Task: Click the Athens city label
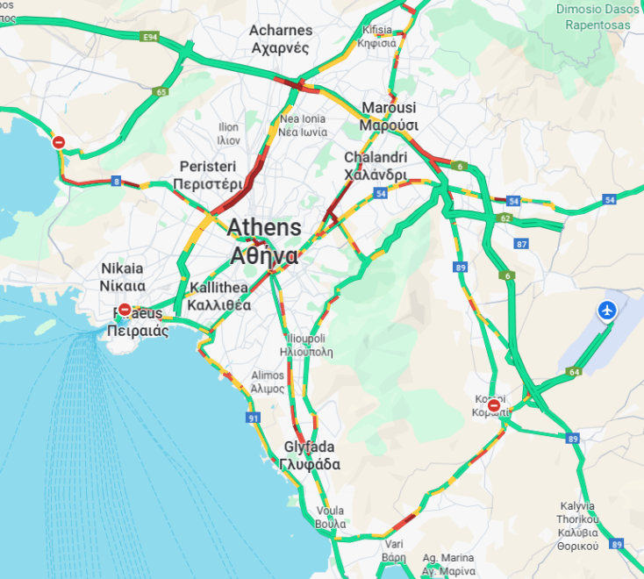click(263, 241)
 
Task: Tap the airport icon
click(606, 311)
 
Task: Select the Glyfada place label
click(309, 456)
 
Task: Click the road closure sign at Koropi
click(495, 406)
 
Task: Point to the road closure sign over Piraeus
click(125, 310)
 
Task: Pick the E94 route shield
click(150, 38)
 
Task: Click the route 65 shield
click(160, 91)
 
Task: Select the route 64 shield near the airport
click(574, 373)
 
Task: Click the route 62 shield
click(504, 218)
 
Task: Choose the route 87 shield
click(522, 244)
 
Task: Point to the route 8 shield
click(116, 182)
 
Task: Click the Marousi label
click(388, 116)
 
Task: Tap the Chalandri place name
click(376, 166)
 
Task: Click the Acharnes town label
click(281, 39)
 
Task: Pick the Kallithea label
click(220, 297)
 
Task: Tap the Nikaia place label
click(122, 276)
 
